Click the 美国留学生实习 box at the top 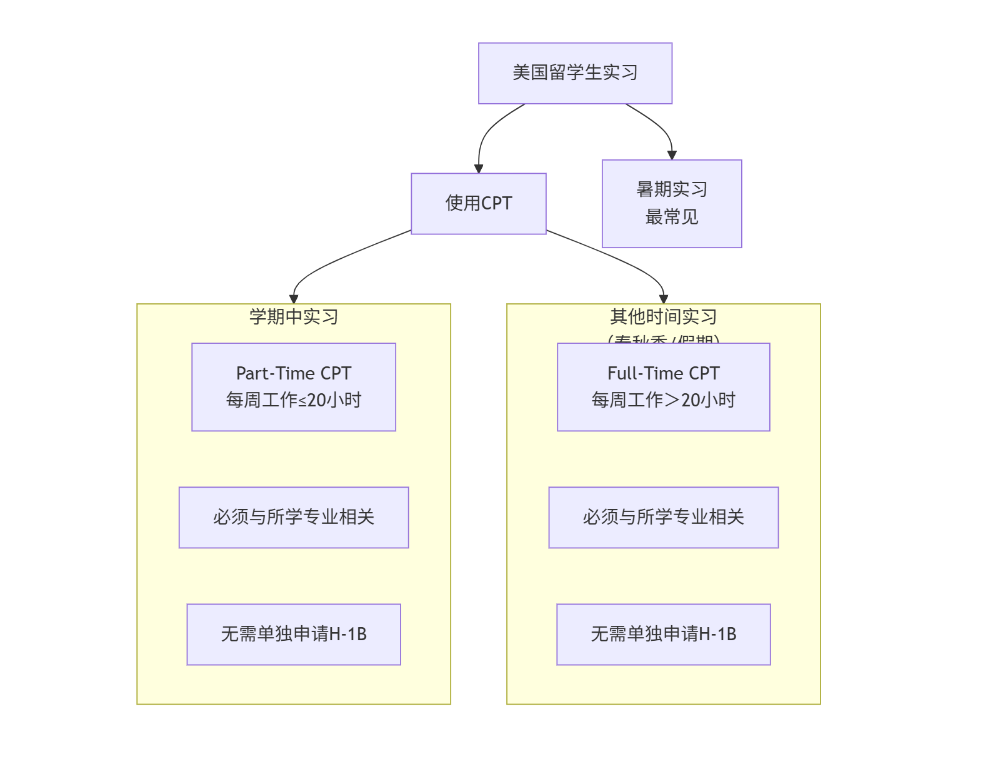tap(575, 73)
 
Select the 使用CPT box tap(478, 203)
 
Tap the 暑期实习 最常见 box tap(671, 203)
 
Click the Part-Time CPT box tap(293, 386)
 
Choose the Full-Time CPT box tap(663, 386)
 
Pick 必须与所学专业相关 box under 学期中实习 tap(293, 517)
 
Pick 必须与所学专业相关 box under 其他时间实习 tap(663, 517)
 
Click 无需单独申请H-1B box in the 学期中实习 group tap(293, 634)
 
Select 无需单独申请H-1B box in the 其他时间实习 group tap(663, 634)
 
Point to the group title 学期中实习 tap(293, 317)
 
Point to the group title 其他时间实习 tap(663, 317)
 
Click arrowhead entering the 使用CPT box tap(479, 169)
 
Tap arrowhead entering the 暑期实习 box tap(672, 155)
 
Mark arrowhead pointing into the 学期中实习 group tap(294, 299)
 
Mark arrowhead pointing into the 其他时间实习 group tap(664, 299)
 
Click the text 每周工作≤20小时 tap(293, 400)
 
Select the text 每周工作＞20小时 tap(663, 400)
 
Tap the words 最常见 tap(671, 217)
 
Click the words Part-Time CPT tap(293, 373)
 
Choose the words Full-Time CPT tap(663, 373)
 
